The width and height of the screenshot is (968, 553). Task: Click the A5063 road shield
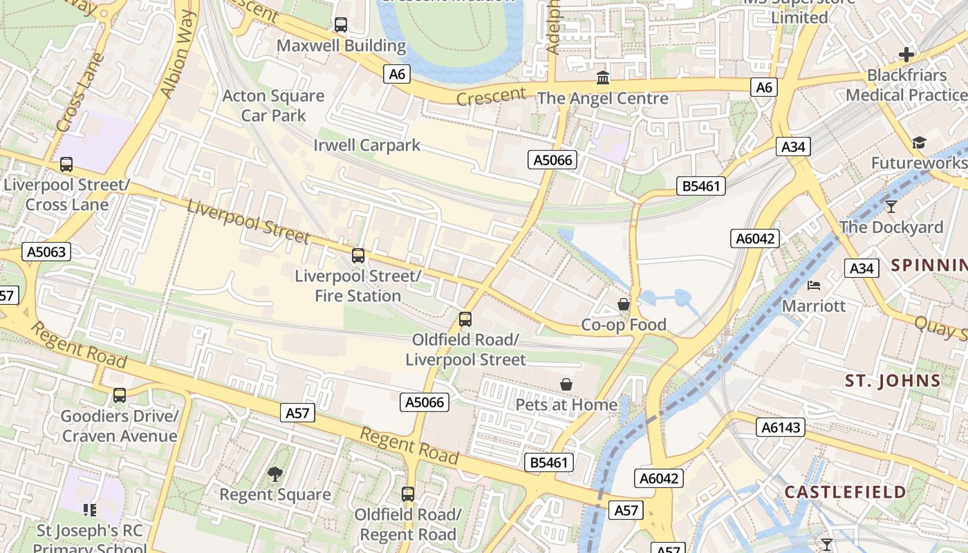click(x=46, y=252)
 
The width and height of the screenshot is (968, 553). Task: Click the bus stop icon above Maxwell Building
click(x=341, y=25)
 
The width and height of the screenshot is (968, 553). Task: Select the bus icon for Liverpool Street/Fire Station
click(x=358, y=256)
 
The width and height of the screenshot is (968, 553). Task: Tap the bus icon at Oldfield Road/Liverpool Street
click(x=465, y=319)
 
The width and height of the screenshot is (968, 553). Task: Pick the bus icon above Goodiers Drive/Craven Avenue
click(x=120, y=395)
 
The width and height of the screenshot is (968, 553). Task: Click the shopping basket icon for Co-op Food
click(x=624, y=304)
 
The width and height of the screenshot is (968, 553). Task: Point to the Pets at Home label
click(x=566, y=404)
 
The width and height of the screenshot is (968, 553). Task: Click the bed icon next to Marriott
click(x=815, y=285)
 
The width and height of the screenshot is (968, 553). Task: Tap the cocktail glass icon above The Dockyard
click(x=891, y=206)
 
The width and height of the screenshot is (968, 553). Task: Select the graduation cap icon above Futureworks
click(x=919, y=142)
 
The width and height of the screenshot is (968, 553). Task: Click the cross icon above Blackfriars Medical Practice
click(x=906, y=55)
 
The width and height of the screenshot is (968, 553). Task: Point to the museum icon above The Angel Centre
click(x=603, y=77)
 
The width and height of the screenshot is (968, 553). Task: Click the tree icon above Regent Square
click(x=275, y=474)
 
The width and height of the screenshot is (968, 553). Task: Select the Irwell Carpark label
click(x=366, y=145)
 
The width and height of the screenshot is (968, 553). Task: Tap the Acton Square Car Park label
click(x=273, y=106)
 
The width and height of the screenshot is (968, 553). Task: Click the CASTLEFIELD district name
click(x=845, y=492)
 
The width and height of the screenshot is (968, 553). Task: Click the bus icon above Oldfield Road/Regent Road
click(x=408, y=494)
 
